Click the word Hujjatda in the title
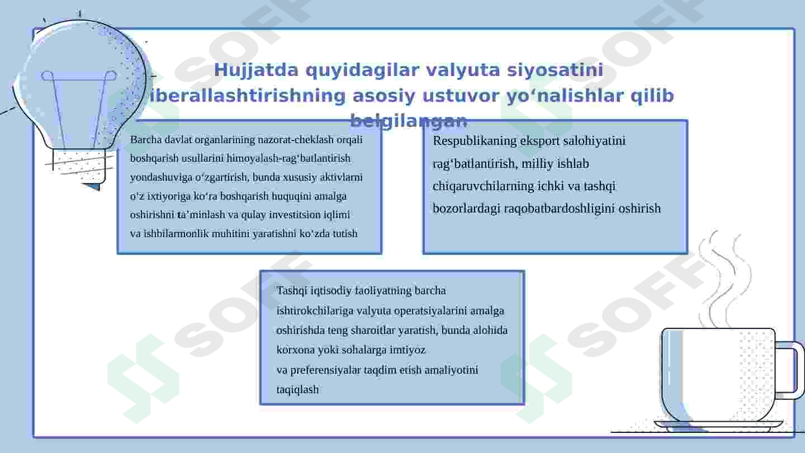256,70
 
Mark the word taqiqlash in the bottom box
297,390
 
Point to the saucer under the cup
718,426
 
